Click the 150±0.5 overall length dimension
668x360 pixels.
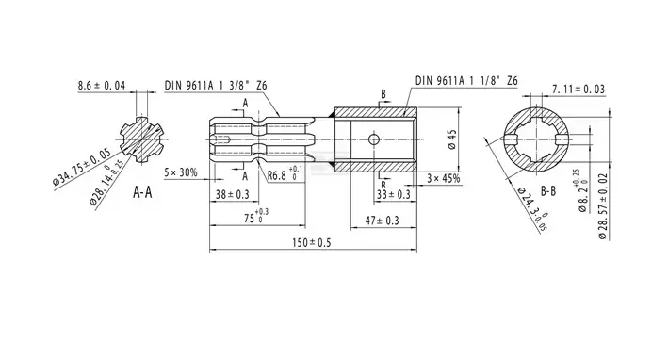312,242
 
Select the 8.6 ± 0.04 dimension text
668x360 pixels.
102,86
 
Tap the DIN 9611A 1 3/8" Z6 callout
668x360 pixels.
216,85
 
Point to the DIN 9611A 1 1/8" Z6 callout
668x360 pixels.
466,80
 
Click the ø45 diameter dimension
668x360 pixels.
452,139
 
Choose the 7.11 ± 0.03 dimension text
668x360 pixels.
578,89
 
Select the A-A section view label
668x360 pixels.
142,192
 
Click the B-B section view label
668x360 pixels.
548,191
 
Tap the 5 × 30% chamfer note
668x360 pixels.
181,172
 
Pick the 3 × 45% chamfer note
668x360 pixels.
444,178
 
